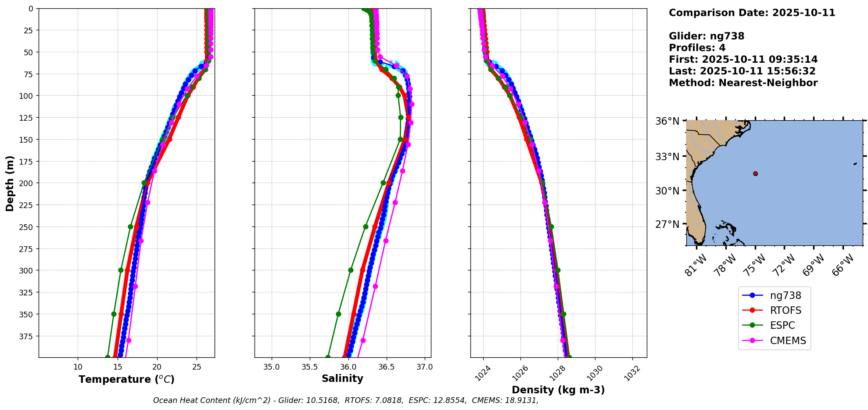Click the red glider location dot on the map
[755, 173]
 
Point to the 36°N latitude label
[667, 121]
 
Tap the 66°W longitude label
[843, 265]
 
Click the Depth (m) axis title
[10, 183]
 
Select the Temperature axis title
[126, 379]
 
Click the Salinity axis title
[342, 378]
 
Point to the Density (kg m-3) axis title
[558, 390]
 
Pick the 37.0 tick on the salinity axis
[424, 367]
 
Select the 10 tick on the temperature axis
[78, 367]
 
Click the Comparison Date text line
[752, 13]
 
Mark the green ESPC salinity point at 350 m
[338, 314]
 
